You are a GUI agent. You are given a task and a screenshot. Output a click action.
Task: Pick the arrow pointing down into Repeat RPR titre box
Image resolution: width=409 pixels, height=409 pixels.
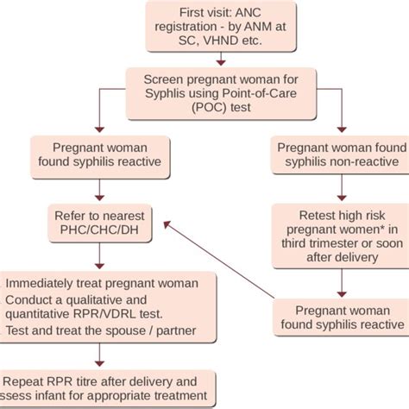(x=102, y=356)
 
